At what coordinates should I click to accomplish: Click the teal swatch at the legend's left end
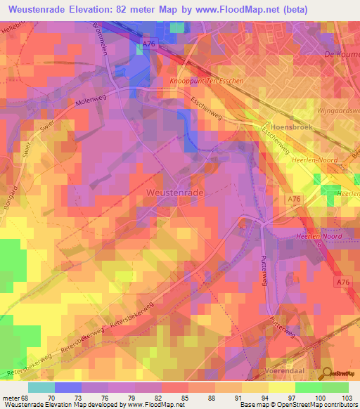pos(41,387)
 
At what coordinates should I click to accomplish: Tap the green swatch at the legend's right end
pos(335,387)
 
